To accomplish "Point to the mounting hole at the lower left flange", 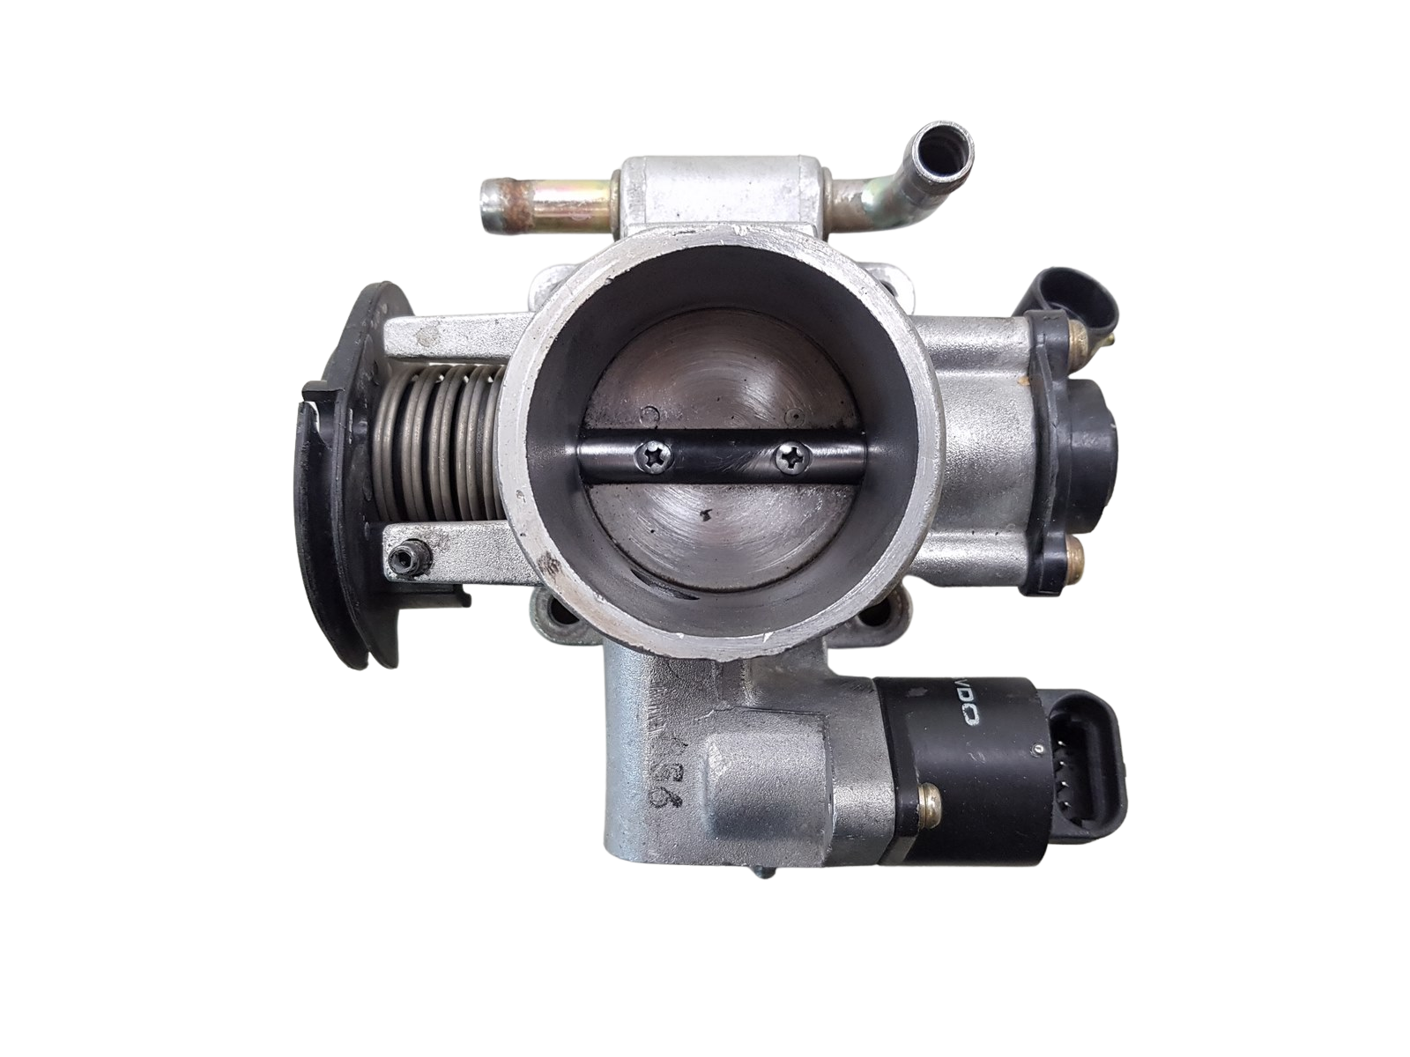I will coord(545,607).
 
